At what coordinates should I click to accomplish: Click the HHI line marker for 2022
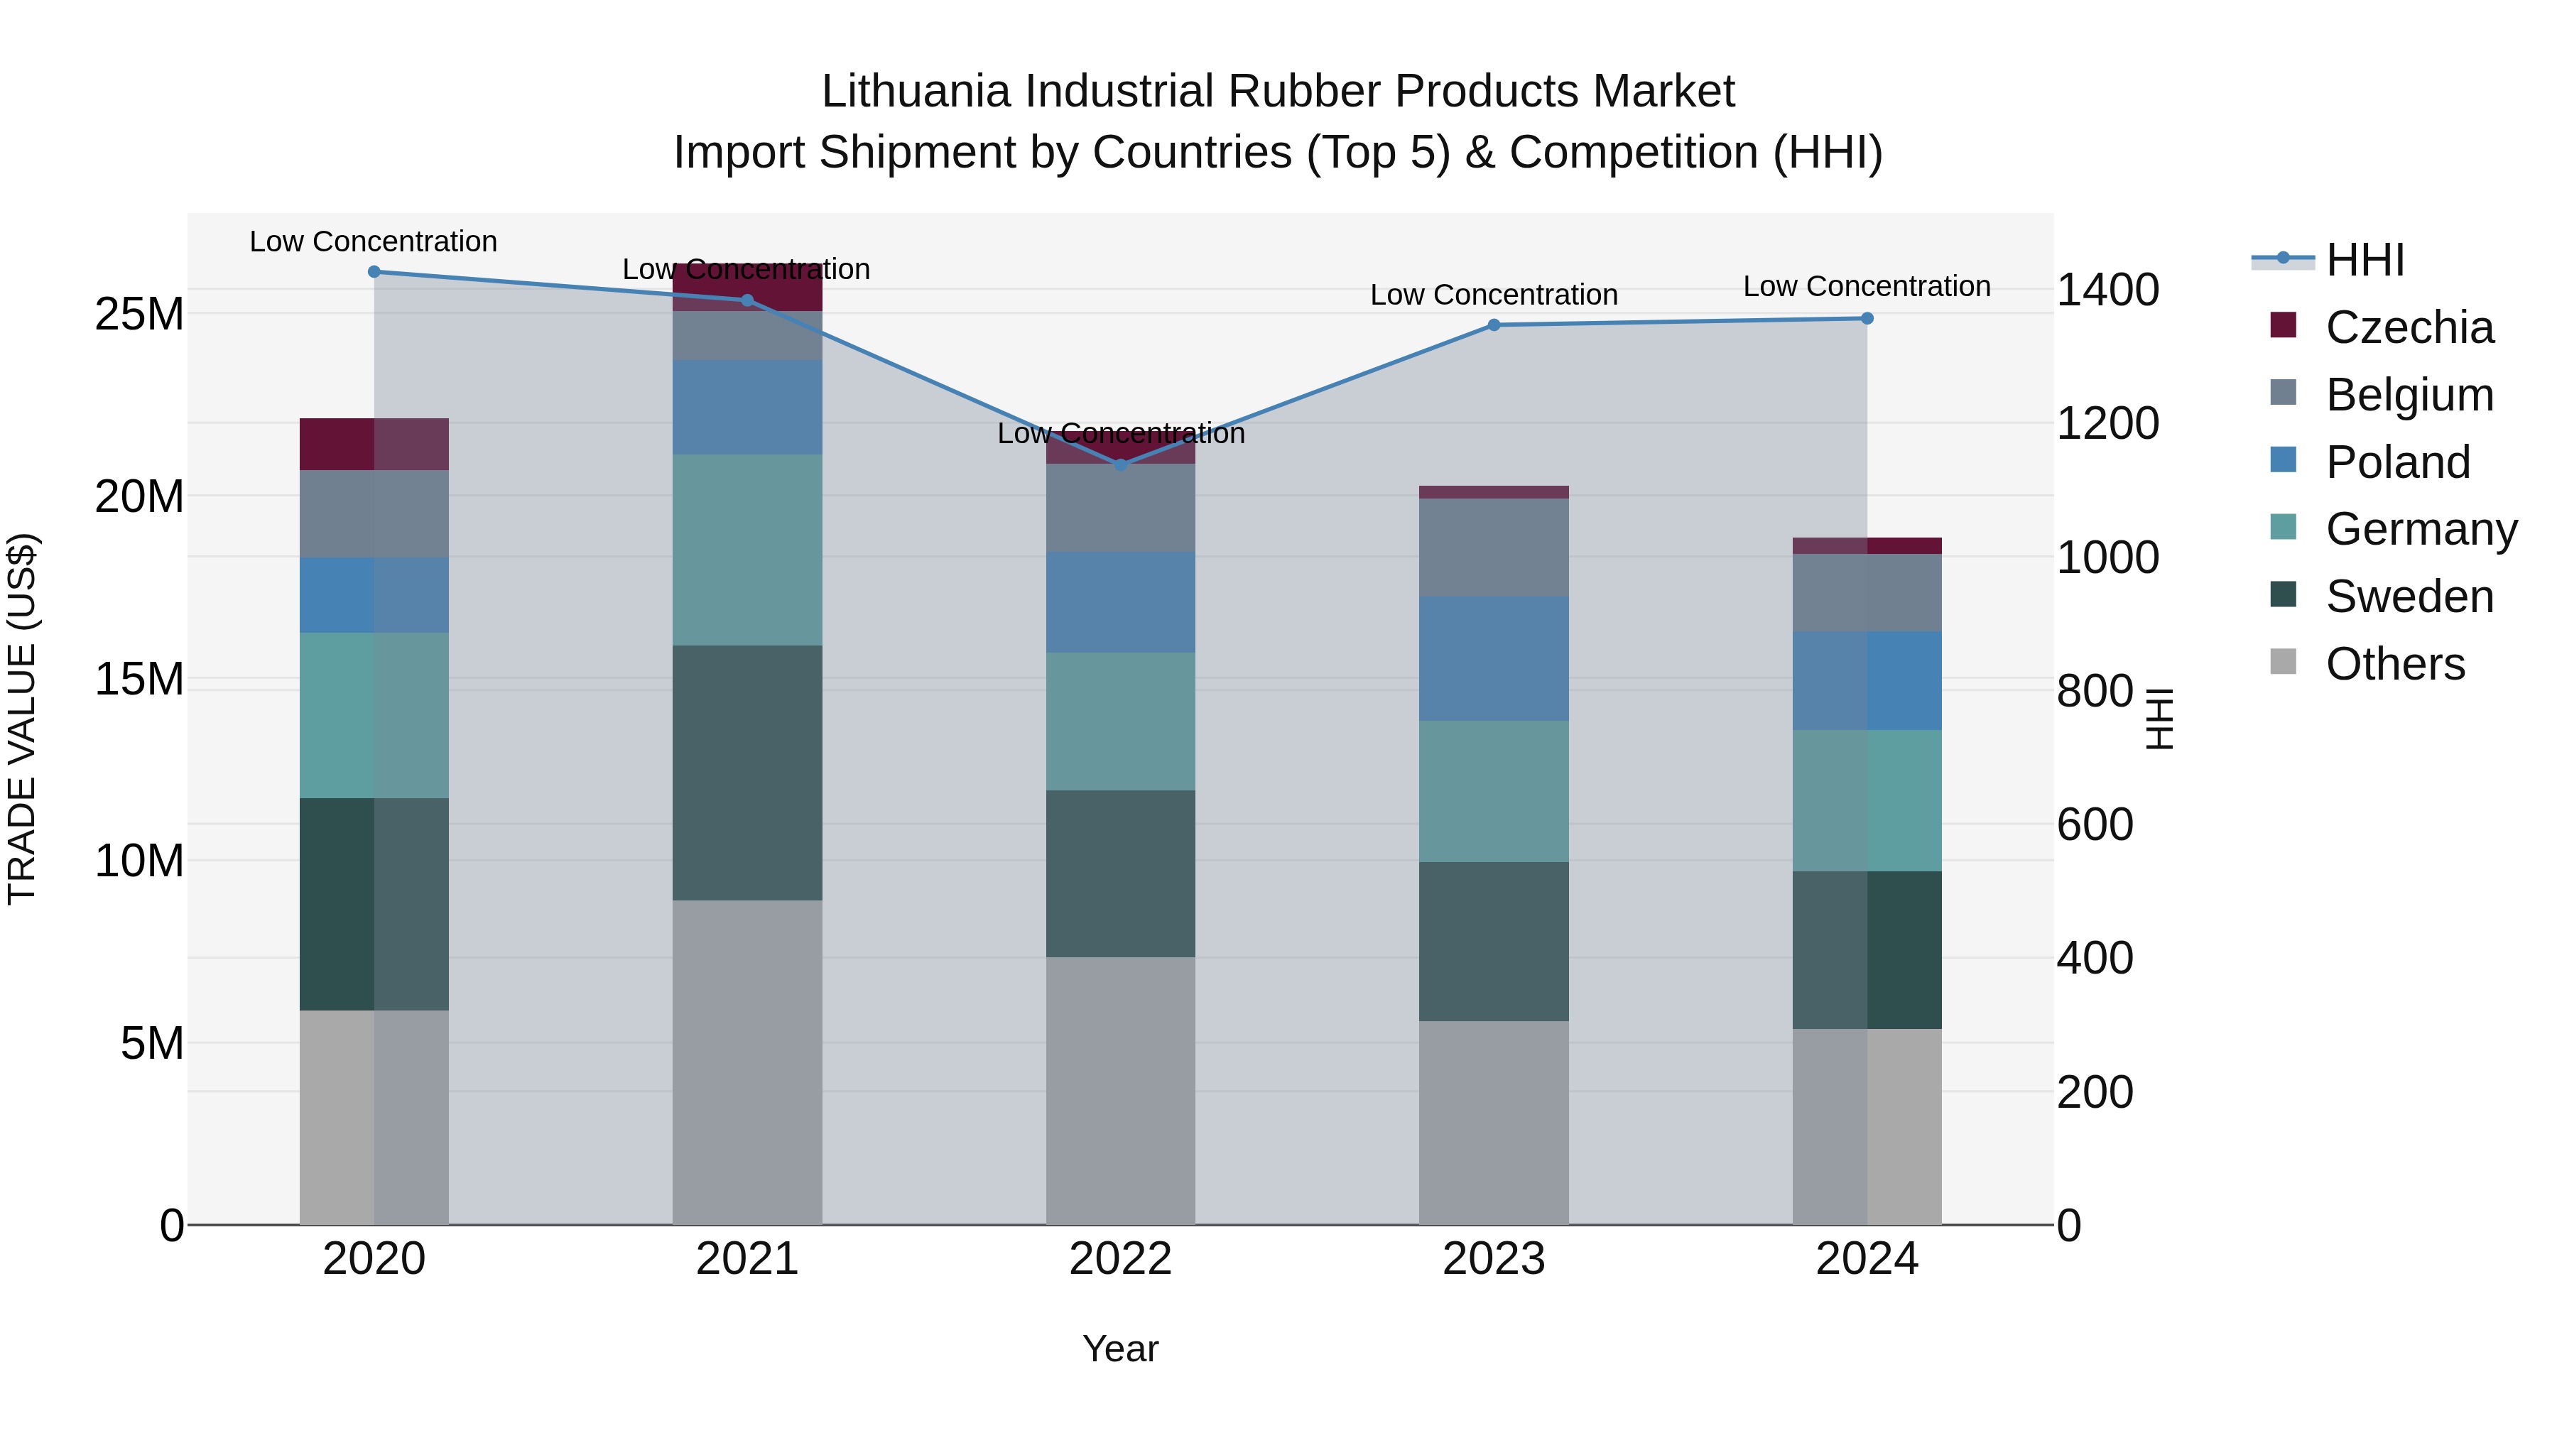pos(1121,464)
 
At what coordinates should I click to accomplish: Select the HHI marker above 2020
pos(374,272)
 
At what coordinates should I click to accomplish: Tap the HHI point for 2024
pos(1867,319)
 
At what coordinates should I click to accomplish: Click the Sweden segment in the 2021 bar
pos(747,773)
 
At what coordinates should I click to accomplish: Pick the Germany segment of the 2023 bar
pos(1494,792)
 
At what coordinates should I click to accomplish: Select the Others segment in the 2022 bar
pos(1121,1091)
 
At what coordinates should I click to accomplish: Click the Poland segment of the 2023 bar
pos(1494,659)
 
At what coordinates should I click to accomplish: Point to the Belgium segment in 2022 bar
pos(1121,508)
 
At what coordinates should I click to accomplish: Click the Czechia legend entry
pos(2409,327)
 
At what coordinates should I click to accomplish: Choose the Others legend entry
pos(2394,664)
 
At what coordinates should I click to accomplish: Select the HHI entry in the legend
pos(2365,260)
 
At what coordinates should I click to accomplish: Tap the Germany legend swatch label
pos(2421,529)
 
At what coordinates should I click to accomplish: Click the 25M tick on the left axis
pos(139,315)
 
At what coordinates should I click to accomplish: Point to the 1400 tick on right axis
pos(2107,290)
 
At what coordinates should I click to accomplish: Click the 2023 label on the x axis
pos(1494,1259)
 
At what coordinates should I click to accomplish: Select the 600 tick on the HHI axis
pos(2095,824)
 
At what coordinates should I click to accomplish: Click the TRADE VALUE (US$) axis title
pos(22,719)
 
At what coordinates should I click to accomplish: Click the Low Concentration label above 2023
pos(1494,295)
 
